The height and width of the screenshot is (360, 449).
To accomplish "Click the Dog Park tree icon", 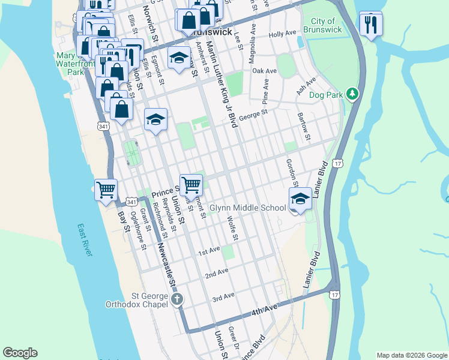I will (x=353, y=94).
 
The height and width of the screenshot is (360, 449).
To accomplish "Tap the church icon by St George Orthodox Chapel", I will (x=176, y=299).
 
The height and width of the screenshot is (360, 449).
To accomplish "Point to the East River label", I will (x=85, y=240).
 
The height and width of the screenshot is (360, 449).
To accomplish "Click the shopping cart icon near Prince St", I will (x=191, y=184).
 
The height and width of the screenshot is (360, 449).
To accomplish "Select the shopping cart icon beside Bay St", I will (x=106, y=189).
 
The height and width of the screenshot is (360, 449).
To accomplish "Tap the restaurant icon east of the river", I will (x=370, y=23).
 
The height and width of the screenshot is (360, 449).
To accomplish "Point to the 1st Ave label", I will (x=209, y=251).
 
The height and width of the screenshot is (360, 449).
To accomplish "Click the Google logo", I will (x=20, y=353).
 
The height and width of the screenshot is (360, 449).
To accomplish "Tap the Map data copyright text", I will (x=412, y=355).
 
